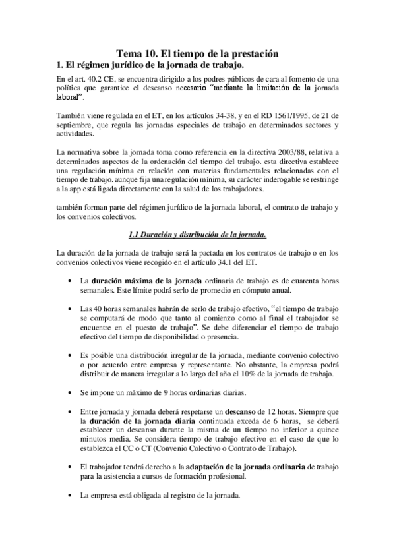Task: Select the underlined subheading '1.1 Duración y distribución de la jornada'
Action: tap(198, 235)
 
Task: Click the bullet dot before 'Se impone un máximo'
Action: tap(71, 392)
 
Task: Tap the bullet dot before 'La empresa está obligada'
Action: tap(71, 495)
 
